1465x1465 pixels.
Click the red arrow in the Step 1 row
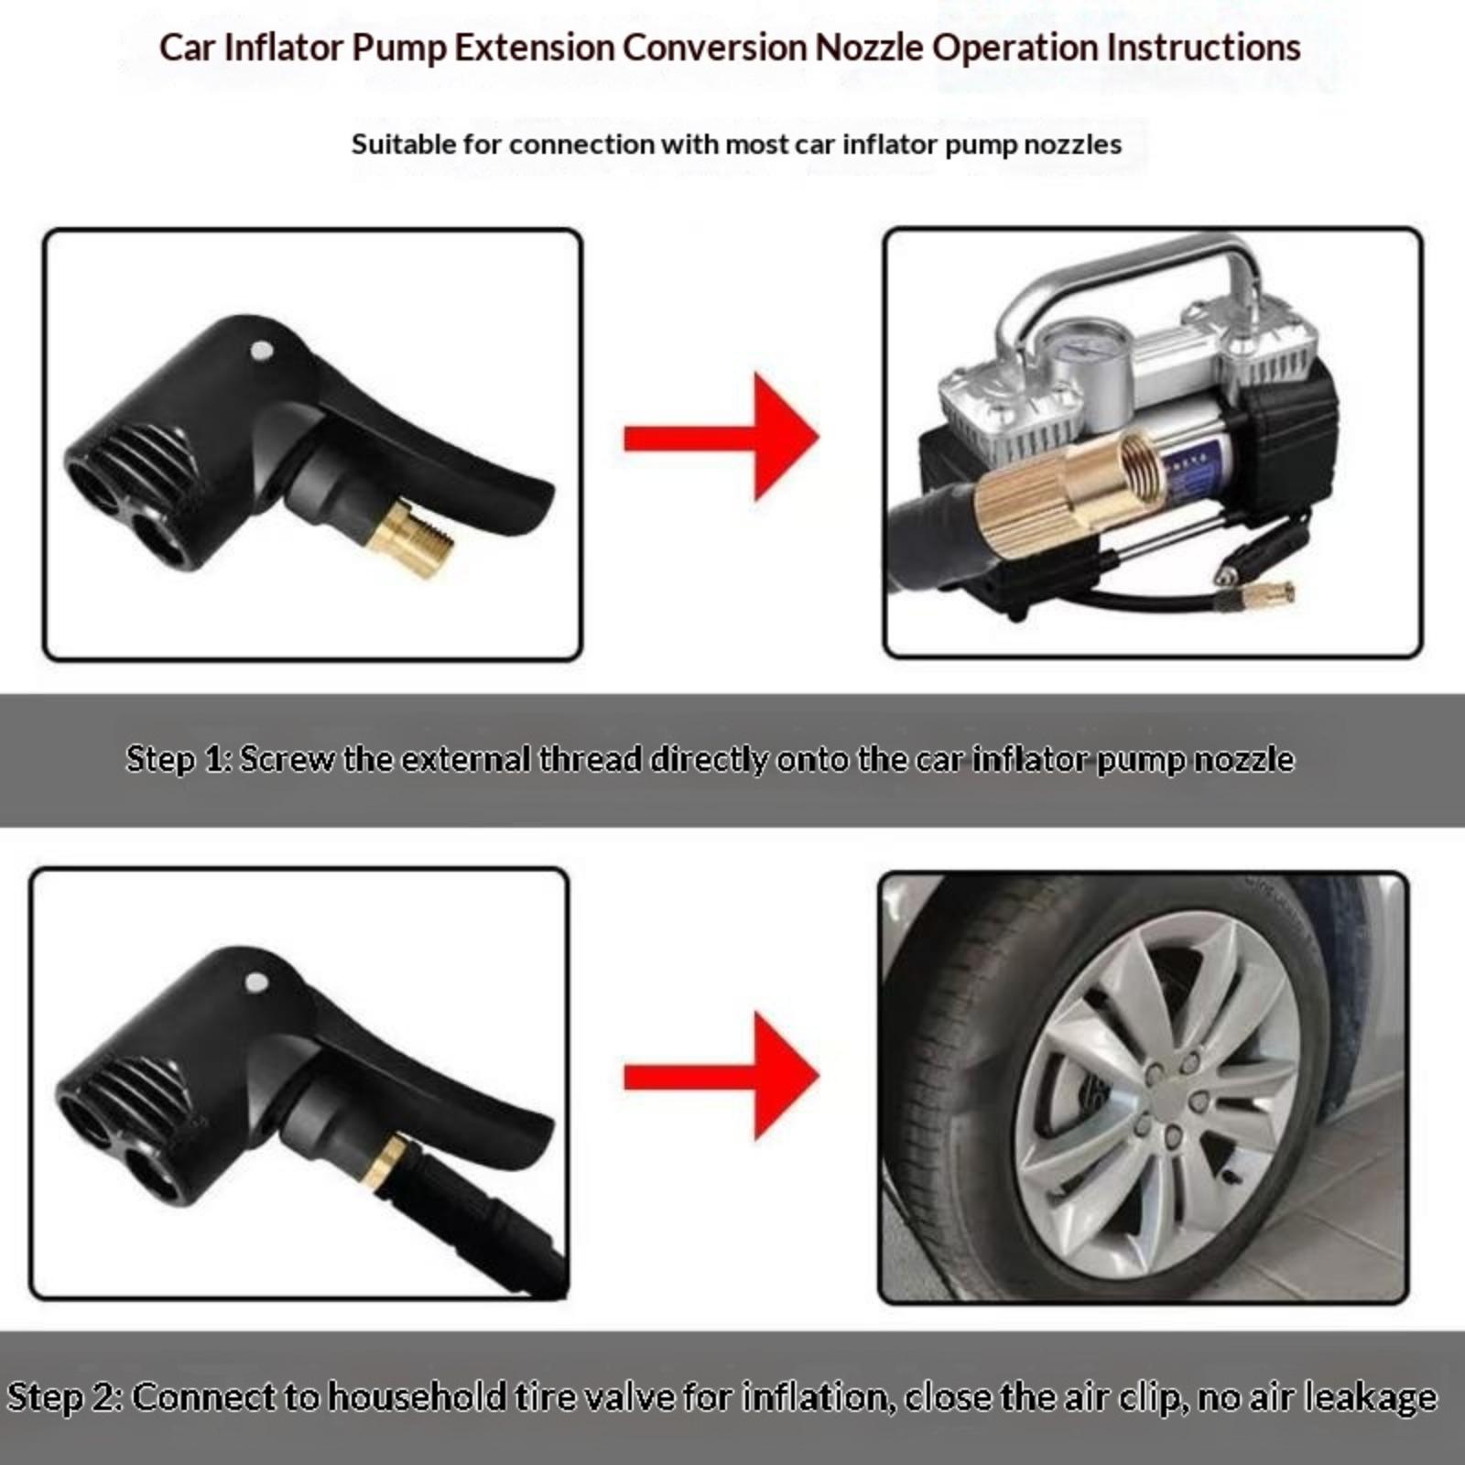point(721,438)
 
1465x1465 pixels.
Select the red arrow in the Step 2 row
point(721,1077)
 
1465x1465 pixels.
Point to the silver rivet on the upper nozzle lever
point(261,350)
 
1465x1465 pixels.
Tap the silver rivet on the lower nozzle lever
point(257,982)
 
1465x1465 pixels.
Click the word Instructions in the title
point(1203,48)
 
